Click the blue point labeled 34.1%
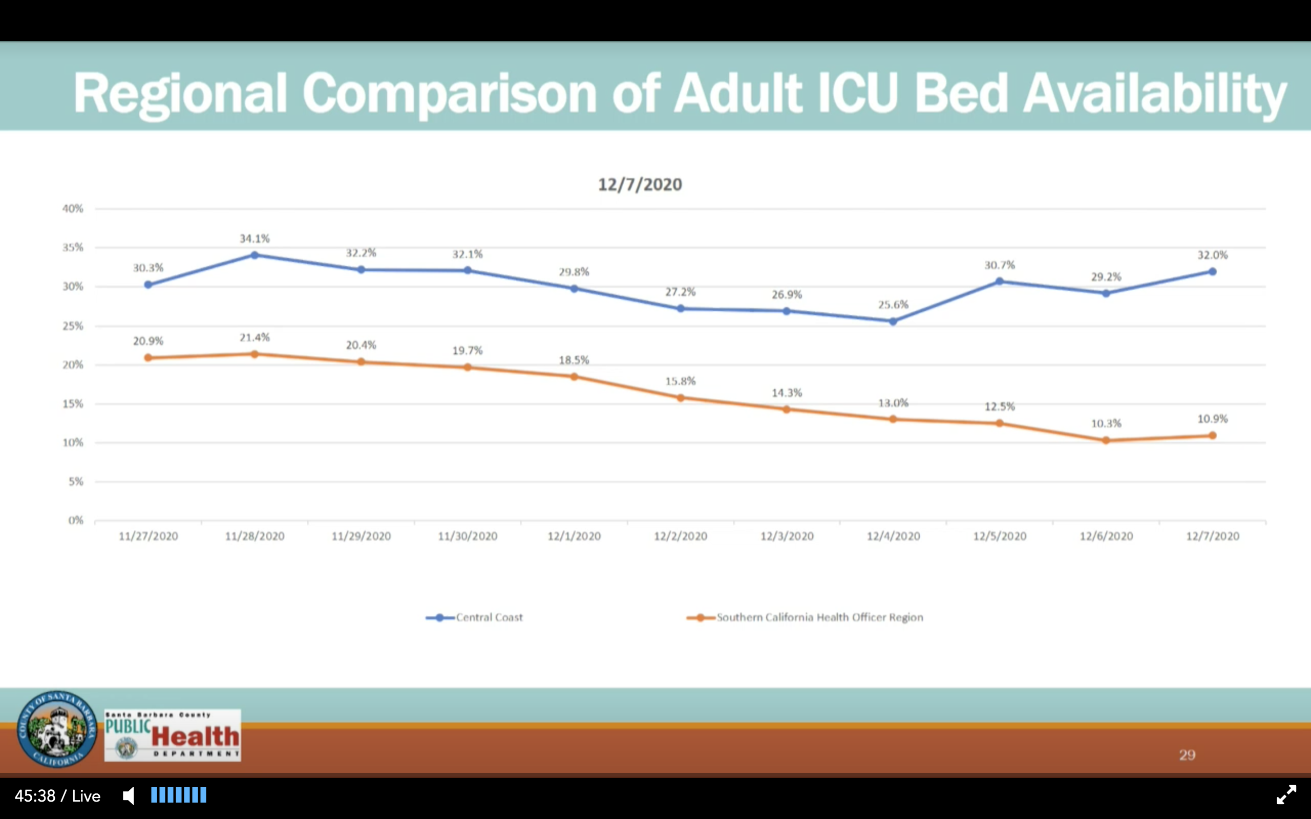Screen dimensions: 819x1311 point(255,255)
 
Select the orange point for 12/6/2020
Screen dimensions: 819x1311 point(1106,440)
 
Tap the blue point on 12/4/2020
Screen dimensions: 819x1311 point(893,321)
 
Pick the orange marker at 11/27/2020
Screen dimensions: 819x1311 point(148,357)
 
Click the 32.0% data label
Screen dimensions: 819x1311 point(1212,255)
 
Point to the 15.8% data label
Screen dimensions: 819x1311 point(681,381)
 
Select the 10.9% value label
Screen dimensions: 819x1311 point(1212,419)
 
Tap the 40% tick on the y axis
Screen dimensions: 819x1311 point(73,208)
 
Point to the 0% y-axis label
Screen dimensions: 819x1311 point(76,521)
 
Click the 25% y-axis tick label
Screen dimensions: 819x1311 point(73,326)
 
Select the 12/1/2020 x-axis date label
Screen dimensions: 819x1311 point(574,536)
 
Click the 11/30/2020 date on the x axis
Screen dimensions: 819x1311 point(468,536)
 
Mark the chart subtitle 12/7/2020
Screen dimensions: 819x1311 point(640,185)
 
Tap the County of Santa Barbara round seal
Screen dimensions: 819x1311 point(57,728)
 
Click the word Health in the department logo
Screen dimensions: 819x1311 point(195,736)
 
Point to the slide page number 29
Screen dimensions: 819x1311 point(1187,755)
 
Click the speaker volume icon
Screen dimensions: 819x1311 point(129,795)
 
